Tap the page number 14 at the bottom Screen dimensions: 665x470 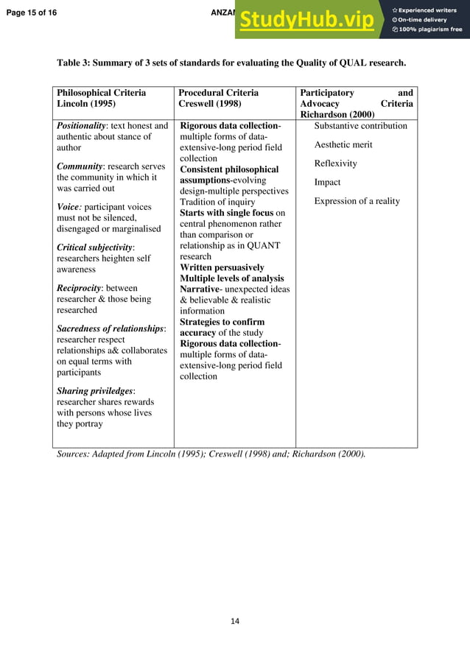[x=235, y=622]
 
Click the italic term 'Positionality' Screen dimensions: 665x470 [x=80, y=126]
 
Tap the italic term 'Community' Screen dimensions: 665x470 [x=79, y=166]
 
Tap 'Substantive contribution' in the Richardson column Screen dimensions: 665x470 [x=360, y=126]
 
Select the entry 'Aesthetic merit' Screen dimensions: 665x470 [x=343, y=144]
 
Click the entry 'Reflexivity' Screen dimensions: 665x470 [x=335, y=163]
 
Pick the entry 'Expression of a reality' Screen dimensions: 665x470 [x=357, y=201]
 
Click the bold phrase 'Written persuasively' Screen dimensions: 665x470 [x=222, y=267]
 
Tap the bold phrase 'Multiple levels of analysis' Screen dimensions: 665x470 [x=231, y=278]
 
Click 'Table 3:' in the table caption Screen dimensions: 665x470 [x=74, y=63]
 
